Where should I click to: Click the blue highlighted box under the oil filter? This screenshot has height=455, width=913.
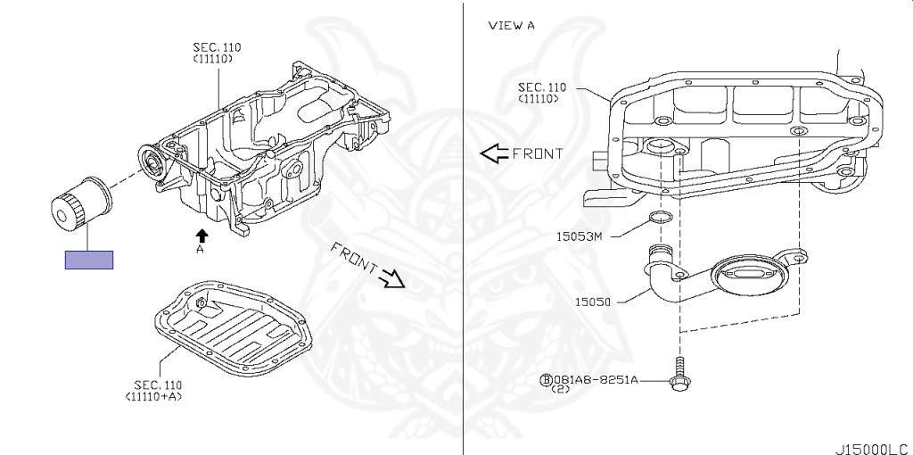point(88,260)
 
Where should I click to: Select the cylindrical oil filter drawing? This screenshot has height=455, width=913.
point(81,204)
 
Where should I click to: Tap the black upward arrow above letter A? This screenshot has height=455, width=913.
point(202,236)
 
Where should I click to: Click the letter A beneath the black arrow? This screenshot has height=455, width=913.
point(200,250)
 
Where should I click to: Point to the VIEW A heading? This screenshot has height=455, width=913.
point(511,25)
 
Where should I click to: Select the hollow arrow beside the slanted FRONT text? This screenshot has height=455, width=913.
point(391,279)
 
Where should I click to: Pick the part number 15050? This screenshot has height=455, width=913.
point(593,302)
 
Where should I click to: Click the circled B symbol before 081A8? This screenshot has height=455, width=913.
point(547,380)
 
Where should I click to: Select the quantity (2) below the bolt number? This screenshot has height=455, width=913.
point(560,389)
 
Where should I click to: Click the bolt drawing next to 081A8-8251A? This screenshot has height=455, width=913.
point(679,374)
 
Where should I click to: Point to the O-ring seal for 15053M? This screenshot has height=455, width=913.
point(660,218)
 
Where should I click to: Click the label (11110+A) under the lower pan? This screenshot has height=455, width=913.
point(153,396)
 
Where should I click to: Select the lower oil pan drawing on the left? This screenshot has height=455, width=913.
point(234,330)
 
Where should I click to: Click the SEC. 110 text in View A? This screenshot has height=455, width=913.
point(541,87)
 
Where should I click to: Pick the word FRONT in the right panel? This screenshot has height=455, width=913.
point(538,153)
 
